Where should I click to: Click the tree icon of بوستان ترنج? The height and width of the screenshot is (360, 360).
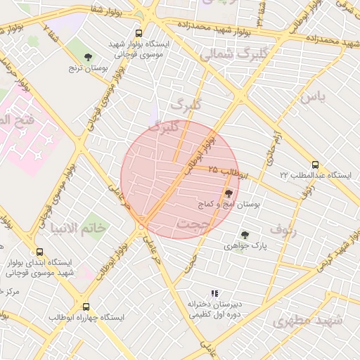click(88, 57)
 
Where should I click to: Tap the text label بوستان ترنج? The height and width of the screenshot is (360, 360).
click(87, 69)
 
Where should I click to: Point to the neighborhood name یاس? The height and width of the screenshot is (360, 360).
click(312, 98)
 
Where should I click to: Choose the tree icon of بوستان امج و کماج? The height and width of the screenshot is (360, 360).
click(229, 193)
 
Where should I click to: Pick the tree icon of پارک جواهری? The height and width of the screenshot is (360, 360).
click(244, 236)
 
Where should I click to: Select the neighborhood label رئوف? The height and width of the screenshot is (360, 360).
click(283, 229)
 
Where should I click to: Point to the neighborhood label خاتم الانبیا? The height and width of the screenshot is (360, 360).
click(78, 228)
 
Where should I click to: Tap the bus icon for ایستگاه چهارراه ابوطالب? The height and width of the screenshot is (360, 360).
click(86, 307)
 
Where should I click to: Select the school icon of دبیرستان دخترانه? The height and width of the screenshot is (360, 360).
click(214, 293)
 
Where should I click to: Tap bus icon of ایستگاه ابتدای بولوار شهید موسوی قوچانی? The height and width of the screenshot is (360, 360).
click(39, 251)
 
